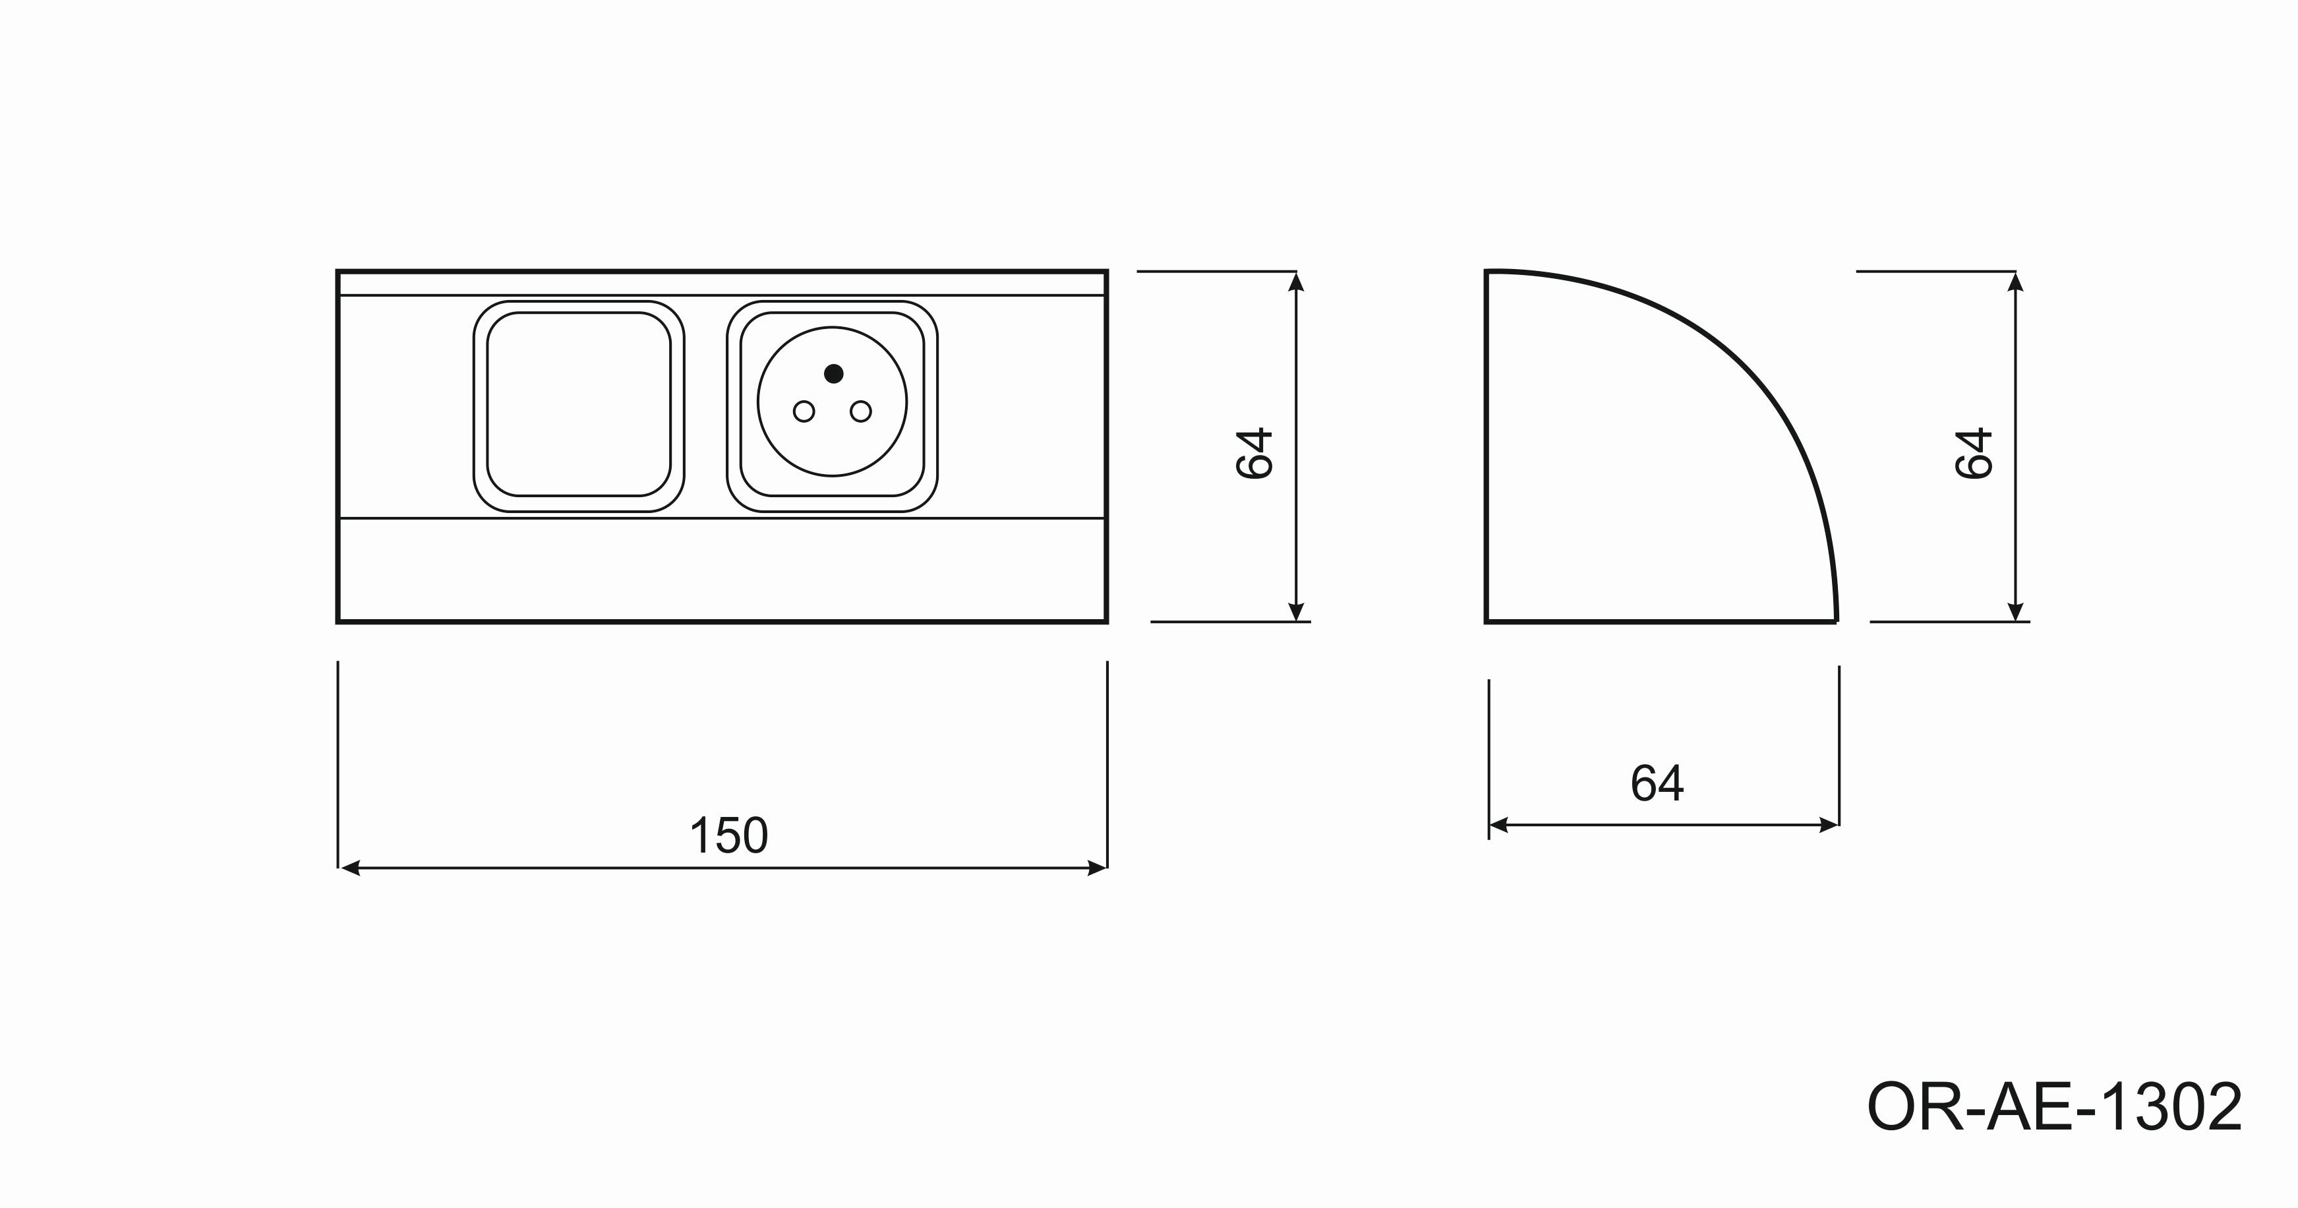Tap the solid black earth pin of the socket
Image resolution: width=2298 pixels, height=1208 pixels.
834,373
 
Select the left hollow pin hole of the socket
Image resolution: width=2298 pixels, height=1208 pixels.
804,411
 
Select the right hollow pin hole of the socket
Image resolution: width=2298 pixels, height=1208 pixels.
861,411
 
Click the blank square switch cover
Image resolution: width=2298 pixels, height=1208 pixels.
579,404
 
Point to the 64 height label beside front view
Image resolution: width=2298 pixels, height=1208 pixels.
1254,453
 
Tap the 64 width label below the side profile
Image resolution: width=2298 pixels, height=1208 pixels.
1657,783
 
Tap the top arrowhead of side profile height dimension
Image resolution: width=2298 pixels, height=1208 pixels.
2015,282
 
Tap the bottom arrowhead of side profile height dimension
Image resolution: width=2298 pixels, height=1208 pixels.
2015,611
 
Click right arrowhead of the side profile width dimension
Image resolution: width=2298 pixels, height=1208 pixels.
1829,826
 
